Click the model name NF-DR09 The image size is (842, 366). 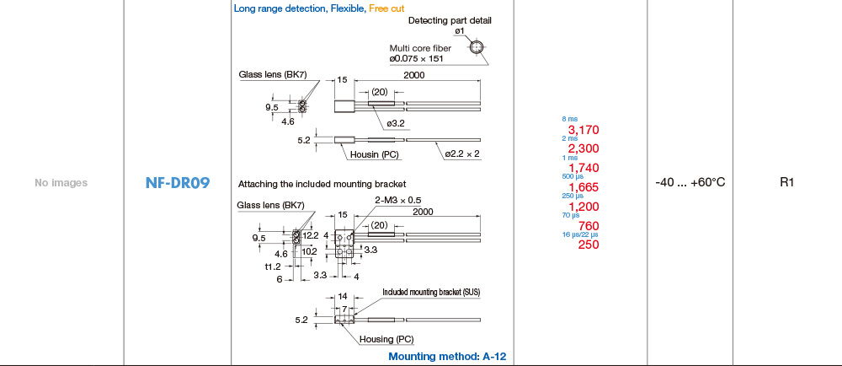[177, 183]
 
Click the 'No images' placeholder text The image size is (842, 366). [61, 183]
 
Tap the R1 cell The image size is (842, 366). [786, 182]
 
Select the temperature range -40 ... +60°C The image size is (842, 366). [690, 182]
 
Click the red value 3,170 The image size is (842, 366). [584, 130]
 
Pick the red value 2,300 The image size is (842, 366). [584, 148]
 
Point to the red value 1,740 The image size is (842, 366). [584, 168]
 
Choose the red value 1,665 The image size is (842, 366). [584, 187]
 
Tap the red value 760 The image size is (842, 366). [589, 226]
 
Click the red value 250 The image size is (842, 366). [589, 245]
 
